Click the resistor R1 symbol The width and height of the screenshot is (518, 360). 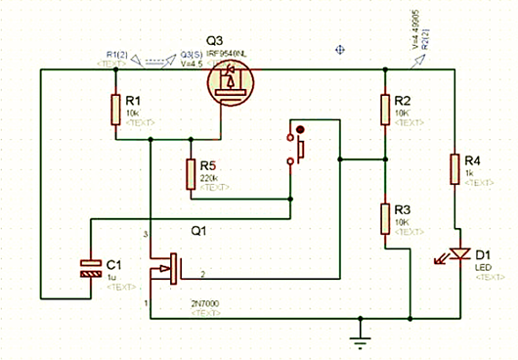pos(116,110)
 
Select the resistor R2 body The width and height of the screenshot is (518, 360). pos(385,110)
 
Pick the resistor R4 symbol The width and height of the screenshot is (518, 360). pos(454,168)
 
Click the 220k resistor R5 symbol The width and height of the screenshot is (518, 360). pos(192,175)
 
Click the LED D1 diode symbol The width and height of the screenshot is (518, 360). pos(454,252)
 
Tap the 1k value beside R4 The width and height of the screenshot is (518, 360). pos(469,173)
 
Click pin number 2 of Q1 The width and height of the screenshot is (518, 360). pos(202,273)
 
